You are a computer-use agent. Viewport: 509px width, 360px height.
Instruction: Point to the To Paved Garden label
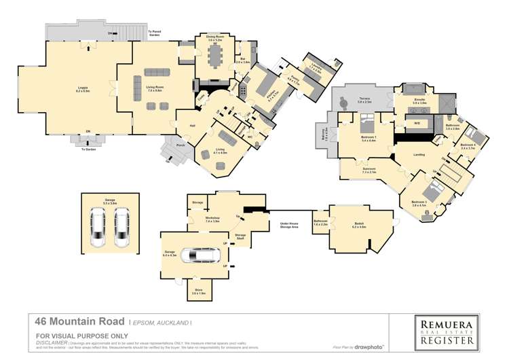(x=155, y=33)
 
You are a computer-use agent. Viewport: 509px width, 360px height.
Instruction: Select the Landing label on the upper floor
(x=419, y=154)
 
